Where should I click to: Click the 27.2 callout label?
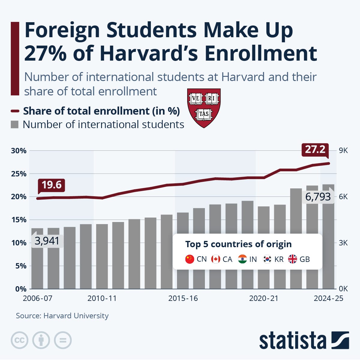point(315,149)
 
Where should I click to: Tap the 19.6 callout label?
point(51,185)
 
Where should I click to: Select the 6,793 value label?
point(318,197)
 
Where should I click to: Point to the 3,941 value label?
point(47,241)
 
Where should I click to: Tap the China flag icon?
point(190,259)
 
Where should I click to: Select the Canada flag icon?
point(216,259)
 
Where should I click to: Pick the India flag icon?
point(242,259)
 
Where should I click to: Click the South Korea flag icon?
point(267,259)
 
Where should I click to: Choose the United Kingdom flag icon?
point(292,259)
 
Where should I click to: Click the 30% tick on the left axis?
point(19,151)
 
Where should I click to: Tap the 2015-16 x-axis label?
point(183,298)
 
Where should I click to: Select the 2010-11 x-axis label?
point(102,298)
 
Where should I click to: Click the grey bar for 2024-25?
point(328,240)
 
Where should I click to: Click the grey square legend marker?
point(15,124)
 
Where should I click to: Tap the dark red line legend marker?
point(15,111)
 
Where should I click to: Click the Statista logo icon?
point(340,340)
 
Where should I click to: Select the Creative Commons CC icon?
point(19,340)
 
